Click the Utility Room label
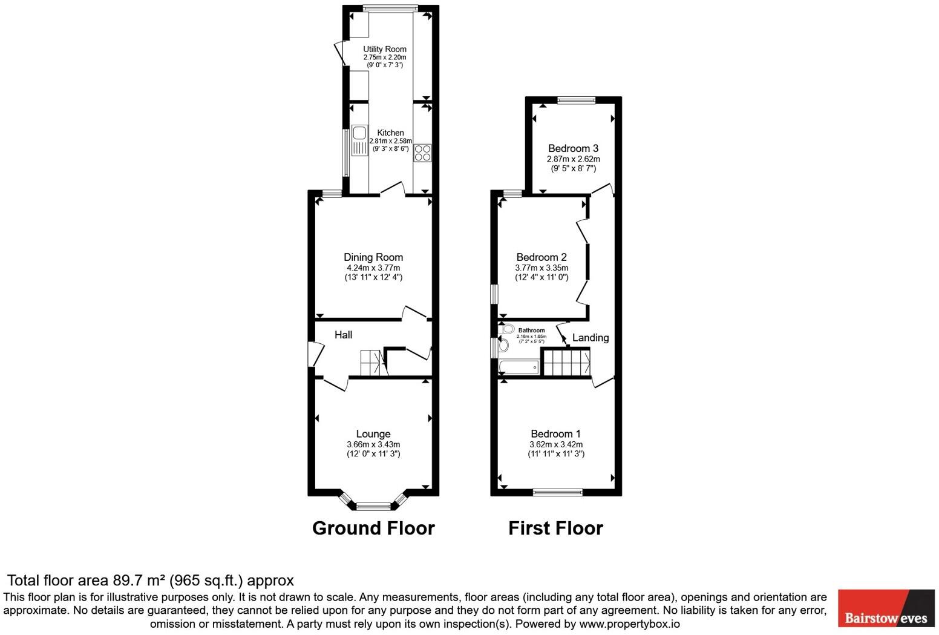click(384, 49)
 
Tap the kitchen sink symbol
click(359, 140)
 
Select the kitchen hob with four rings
click(422, 153)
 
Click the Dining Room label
click(373, 257)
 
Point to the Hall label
click(343, 335)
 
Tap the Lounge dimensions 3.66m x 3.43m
click(373, 444)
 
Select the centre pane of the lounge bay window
click(373, 506)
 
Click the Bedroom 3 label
click(573, 148)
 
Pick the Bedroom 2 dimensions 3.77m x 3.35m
click(541, 268)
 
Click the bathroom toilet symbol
click(507, 329)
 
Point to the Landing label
click(590, 338)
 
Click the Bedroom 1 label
click(555, 433)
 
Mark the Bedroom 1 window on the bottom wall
click(557, 493)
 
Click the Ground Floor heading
click(373, 528)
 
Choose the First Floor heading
click(555, 528)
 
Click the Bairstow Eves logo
click(886, 608)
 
